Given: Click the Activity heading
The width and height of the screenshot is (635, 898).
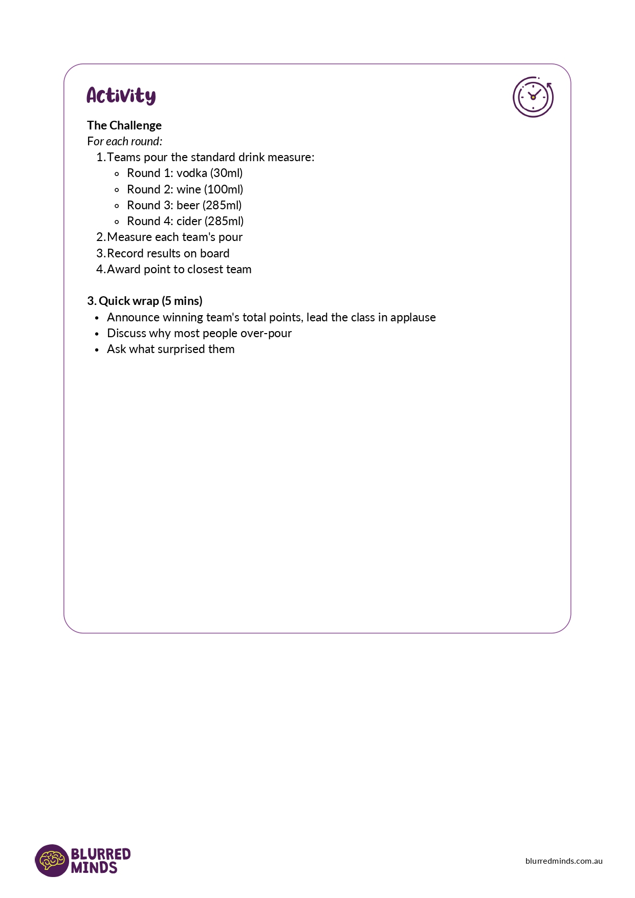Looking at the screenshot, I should [121, 96].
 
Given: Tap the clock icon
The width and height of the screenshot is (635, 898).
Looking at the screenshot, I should [533, 97].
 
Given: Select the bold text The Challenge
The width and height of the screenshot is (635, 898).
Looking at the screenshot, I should [124, 125].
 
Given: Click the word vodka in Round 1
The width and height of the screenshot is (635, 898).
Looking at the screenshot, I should [191, 173].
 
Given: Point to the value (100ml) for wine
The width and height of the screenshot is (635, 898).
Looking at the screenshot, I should [224, 189].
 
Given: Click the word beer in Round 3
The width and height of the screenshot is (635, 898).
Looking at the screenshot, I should [188, 206].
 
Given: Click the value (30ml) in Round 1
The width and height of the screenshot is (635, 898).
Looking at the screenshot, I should [226, 173].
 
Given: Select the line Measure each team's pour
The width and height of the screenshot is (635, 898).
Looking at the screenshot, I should [174, 237].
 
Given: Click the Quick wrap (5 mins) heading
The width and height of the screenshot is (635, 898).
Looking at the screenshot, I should [145, 301].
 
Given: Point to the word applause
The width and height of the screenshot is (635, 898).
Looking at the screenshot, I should [413, 318].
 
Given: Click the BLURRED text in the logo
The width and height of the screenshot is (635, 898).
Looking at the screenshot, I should [101, 854].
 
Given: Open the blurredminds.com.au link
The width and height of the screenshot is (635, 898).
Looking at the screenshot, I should [564, 861].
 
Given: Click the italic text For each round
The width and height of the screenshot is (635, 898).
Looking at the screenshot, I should [124, 142].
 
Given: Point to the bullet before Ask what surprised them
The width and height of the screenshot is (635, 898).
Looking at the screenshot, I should [97, 350].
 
